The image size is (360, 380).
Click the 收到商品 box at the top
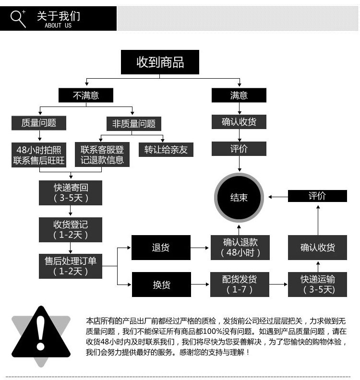point(160,62)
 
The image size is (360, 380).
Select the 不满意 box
point(86,95)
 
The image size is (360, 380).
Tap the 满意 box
point(239,95)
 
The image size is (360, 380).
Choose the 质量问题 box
point(39,123)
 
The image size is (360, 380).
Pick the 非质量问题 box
point(134,123)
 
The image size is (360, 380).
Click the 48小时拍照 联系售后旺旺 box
point(39,154)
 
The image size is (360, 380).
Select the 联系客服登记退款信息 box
point(102,154)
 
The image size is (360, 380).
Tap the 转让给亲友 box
point(166,149)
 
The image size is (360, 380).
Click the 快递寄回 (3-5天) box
point(71,192)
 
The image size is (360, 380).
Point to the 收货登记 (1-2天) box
point(71,229)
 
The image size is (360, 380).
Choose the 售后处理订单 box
point(71,266)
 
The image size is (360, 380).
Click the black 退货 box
point(161,248)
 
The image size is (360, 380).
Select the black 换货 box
point(161,285)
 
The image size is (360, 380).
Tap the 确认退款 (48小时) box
point(240,248)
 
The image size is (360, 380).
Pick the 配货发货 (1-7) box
point(240,285)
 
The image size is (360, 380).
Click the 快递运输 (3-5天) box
point(317,285)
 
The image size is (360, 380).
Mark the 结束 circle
point(239,197)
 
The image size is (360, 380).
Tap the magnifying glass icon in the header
point(18,18)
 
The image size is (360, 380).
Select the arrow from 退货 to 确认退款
point(200,248)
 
